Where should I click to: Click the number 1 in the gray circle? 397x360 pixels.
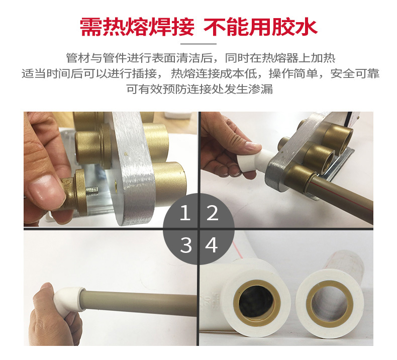[185, 213]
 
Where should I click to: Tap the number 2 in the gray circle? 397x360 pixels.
[212, 213]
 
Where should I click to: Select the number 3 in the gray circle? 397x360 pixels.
[186, 245]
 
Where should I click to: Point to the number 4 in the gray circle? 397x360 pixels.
[212, 245]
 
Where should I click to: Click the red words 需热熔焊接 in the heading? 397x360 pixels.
[137, 27]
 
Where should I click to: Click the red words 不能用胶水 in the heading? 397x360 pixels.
[260, 27]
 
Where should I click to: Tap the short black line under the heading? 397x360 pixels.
[198, 44]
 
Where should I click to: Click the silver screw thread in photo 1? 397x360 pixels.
[92, 191]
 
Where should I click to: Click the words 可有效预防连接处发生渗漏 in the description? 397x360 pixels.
[200, 89]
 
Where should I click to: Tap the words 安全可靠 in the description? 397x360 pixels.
[355, 73]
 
